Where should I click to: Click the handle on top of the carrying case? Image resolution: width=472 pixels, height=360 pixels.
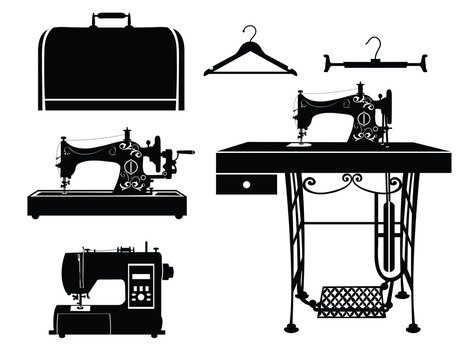pos(110,19)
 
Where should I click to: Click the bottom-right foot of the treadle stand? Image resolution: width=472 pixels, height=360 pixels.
pos(412,327)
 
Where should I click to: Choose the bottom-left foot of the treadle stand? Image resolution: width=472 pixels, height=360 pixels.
pos(290,327)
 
